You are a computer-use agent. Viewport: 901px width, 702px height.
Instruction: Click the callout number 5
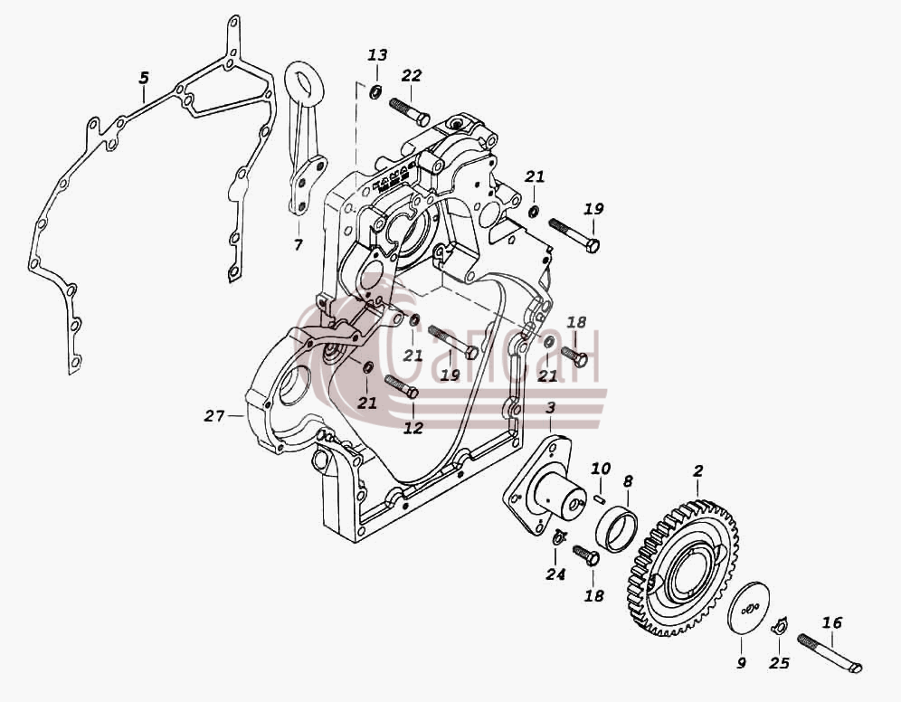click(x=144, y=78)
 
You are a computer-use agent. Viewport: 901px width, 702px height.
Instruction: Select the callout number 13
click(x=377, y=55)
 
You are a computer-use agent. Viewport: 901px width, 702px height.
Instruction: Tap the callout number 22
click(x=412, y=75)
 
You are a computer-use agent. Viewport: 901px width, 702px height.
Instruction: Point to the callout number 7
click(x=298, y=245)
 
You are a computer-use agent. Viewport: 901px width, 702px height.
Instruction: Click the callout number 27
click(x=214, y=415)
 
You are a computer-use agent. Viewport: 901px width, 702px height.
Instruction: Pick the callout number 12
click(x=413, y=427)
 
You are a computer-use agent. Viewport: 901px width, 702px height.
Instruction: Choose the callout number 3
click(x=551, y=408)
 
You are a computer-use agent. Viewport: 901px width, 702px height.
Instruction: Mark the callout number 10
click(x=601, y=469)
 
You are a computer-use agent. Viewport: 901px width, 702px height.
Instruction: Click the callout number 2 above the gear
click(x=697, y=471)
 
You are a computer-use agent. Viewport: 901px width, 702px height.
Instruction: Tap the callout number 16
click(x=832, y=622)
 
